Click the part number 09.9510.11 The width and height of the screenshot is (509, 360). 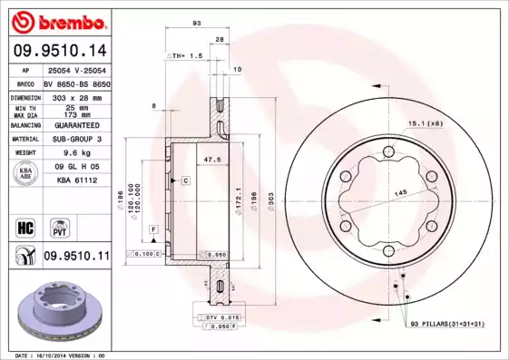click(75, 258)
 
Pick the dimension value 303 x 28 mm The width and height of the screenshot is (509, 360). click(76, 96)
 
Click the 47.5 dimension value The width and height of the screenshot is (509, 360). click(212, 160)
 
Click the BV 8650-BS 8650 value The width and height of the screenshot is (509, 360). click(76, 83)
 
